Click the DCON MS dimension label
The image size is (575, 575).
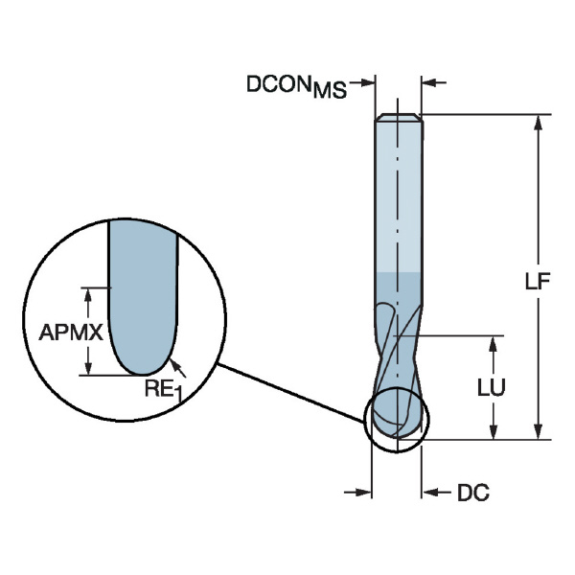pos(296,85)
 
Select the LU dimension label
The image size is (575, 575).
pos(492,387)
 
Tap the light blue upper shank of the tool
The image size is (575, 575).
pos(398,192)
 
